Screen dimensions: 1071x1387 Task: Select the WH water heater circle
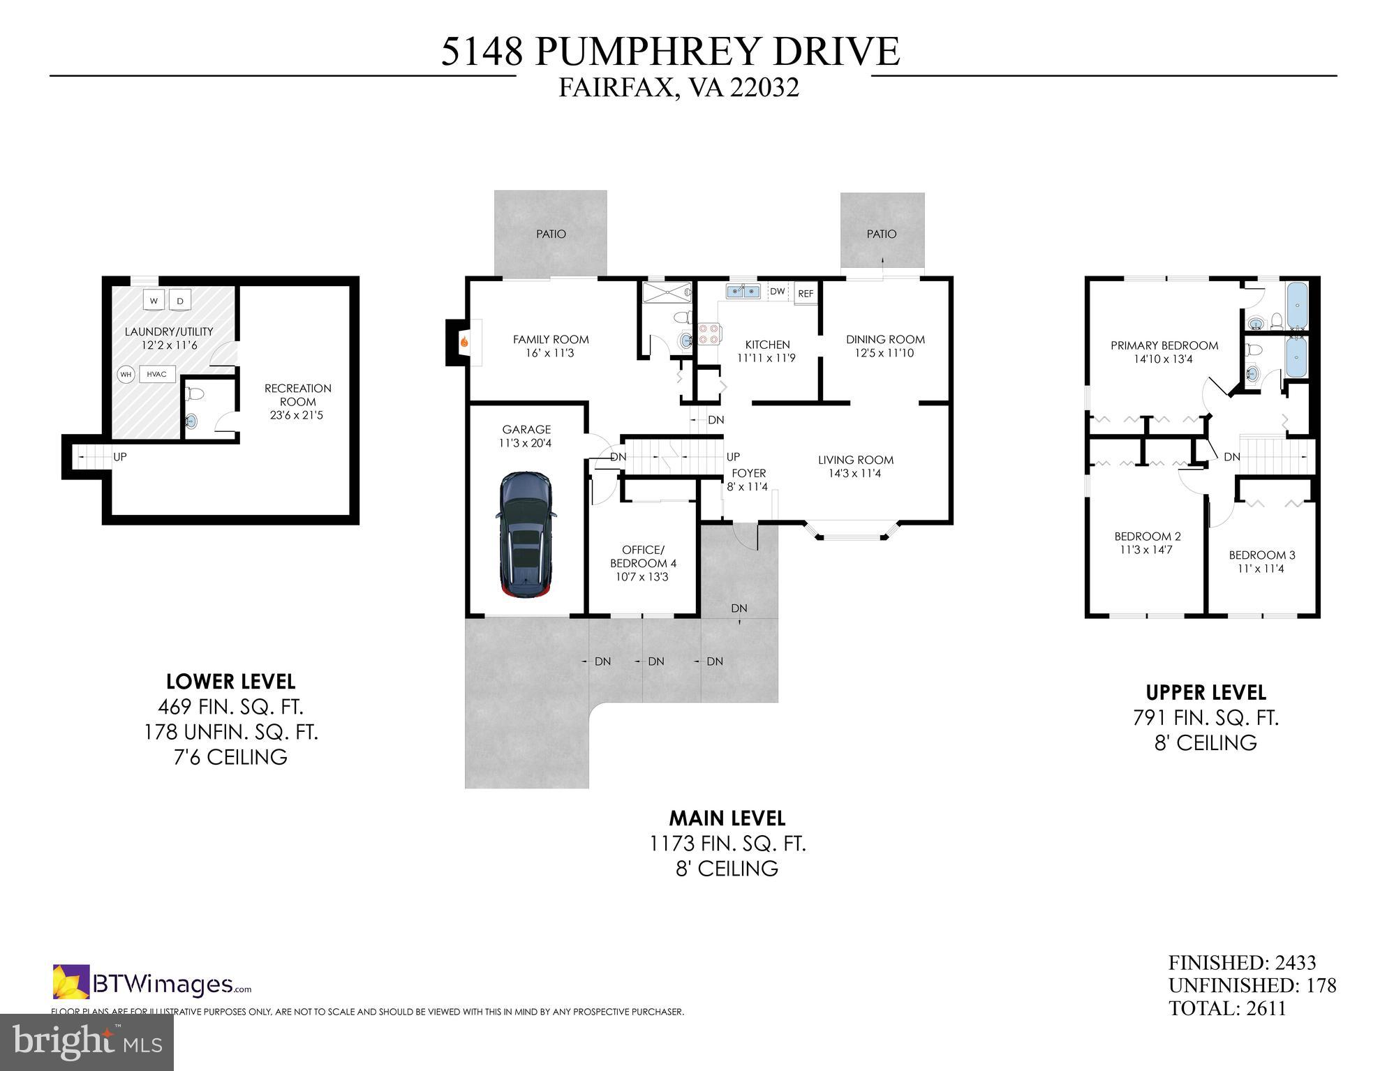126,375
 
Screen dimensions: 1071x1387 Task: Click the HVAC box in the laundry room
157,375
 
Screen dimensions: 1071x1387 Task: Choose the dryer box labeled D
180,301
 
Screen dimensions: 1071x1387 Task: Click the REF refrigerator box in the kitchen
806,294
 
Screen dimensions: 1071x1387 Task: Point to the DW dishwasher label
777,292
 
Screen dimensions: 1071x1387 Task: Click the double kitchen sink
743,291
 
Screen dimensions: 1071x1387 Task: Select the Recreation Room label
297,395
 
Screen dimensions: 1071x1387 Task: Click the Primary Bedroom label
1164,345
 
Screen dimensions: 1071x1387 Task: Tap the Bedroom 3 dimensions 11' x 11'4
1261,569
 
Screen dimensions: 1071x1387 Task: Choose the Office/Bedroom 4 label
643,557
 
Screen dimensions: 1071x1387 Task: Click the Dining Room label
885,340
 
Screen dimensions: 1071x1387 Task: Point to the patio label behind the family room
551,234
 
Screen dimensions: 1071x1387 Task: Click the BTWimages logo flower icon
71,982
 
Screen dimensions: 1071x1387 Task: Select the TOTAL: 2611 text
1227,1008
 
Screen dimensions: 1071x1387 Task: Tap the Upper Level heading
1206,693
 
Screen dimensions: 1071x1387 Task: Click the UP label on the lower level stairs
120,457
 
